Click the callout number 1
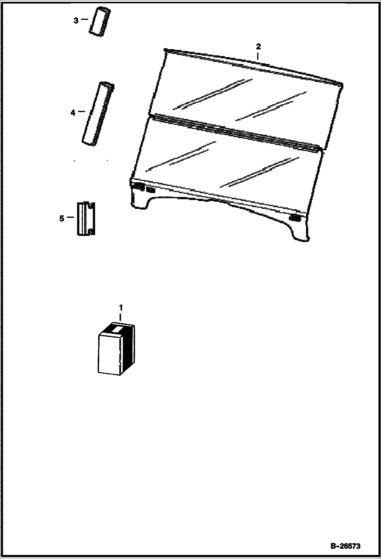[121, 308]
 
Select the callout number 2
[258, 47]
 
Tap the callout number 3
[76, 20]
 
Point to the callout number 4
[73, 112]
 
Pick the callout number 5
[62, 218]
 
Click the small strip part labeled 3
[100, 22]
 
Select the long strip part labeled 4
[98, 114]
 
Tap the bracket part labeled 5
[86, 218]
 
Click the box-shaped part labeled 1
[116, 349]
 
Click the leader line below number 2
[258, 56]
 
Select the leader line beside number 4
[81, 111]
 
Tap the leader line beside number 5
[70, 217]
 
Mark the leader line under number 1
[121, 317]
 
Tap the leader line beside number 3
[84, 19]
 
